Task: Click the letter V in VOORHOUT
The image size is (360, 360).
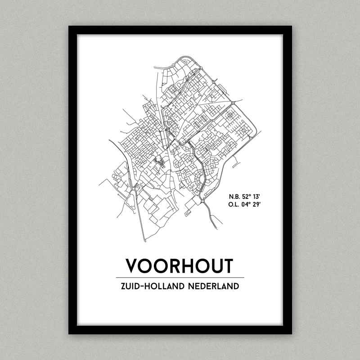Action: point(133,266)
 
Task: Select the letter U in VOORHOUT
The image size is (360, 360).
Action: point(213,266)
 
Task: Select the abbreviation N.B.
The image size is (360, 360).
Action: point(234,197)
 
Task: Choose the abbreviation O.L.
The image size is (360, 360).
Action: point(234,205)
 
